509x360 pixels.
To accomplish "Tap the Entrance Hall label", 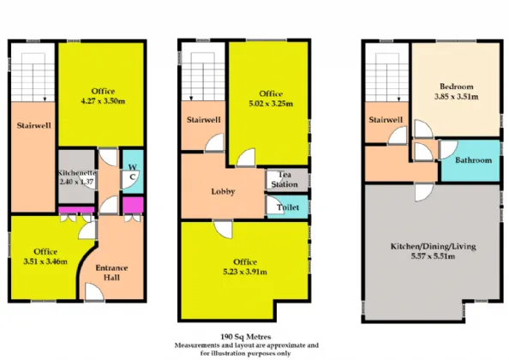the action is click(111, 273).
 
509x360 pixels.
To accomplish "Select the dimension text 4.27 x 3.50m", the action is click(103, 101).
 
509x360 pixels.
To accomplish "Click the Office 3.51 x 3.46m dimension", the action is click(45, 261).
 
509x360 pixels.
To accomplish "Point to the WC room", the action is click(133, 171).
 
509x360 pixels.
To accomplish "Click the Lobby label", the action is click(223, 191).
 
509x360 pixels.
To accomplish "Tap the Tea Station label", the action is click(284, 179).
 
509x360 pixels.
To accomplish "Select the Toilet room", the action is click(287, 207).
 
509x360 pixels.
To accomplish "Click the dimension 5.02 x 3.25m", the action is click(271, 104).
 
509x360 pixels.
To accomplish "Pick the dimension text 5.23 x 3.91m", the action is click(245, 272).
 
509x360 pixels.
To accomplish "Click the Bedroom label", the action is click(457, 87).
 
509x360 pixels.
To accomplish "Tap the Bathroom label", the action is click(473, 160).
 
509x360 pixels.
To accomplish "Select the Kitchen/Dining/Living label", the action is click(433, 246).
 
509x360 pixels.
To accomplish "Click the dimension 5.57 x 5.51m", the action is click(433, 256).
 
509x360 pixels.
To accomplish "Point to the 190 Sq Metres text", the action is click(246, 337).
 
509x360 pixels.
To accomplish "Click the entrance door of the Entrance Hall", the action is click(94, 291).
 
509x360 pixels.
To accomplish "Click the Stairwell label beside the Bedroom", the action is click(386, 120).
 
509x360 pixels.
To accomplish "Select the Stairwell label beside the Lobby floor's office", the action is click(204, 120).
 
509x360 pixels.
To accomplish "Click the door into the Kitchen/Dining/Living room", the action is click(424, 193).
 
